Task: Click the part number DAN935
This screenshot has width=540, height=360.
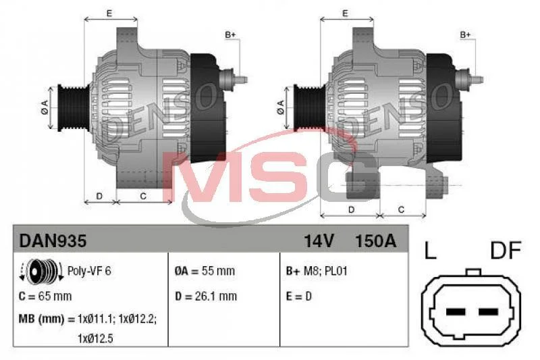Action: click(53, 240)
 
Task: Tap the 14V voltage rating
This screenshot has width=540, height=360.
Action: click(319, 241)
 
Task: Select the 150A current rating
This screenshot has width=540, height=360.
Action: click(375, 241)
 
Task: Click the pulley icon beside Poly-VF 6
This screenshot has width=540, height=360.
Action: click(41, 272)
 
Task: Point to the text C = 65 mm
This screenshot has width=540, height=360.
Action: click(45, 297)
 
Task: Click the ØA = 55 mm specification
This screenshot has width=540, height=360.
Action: click(205, 271)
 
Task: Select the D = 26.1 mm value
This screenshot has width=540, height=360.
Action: click(206, 297)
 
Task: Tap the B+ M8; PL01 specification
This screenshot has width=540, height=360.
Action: click(317, 271)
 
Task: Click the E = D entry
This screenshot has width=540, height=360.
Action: click(298, 297)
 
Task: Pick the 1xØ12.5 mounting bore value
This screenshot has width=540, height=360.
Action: click(95, 338)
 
